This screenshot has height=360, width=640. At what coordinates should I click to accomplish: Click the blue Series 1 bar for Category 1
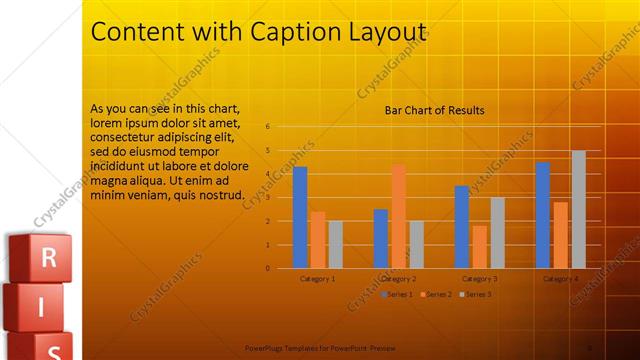(x=300, y=217)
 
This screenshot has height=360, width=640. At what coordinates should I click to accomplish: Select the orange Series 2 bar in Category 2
(x=399, y=216)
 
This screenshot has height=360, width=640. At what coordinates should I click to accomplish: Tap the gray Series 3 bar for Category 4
(x=578, y=209)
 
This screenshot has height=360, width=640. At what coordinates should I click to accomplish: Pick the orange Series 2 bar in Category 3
(x=480, y=246)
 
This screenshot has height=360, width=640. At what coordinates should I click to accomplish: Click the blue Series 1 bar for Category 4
(x=542, y=214)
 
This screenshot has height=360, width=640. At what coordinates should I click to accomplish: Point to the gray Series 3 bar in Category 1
(x=335, y=244)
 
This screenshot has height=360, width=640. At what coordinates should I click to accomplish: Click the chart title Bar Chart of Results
(x=435, y=110)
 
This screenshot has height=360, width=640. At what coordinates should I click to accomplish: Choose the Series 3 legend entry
(x=477, y=294)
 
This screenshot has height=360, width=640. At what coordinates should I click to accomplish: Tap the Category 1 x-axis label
(x=318, y=279)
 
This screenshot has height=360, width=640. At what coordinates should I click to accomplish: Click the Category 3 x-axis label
(x=480, y=279)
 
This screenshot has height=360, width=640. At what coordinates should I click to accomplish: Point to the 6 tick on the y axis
(x=268, y=127)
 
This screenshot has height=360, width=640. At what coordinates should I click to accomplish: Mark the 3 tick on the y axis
(x=268, y=197)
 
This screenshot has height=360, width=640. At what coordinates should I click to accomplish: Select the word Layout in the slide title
(x=388, y=32)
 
